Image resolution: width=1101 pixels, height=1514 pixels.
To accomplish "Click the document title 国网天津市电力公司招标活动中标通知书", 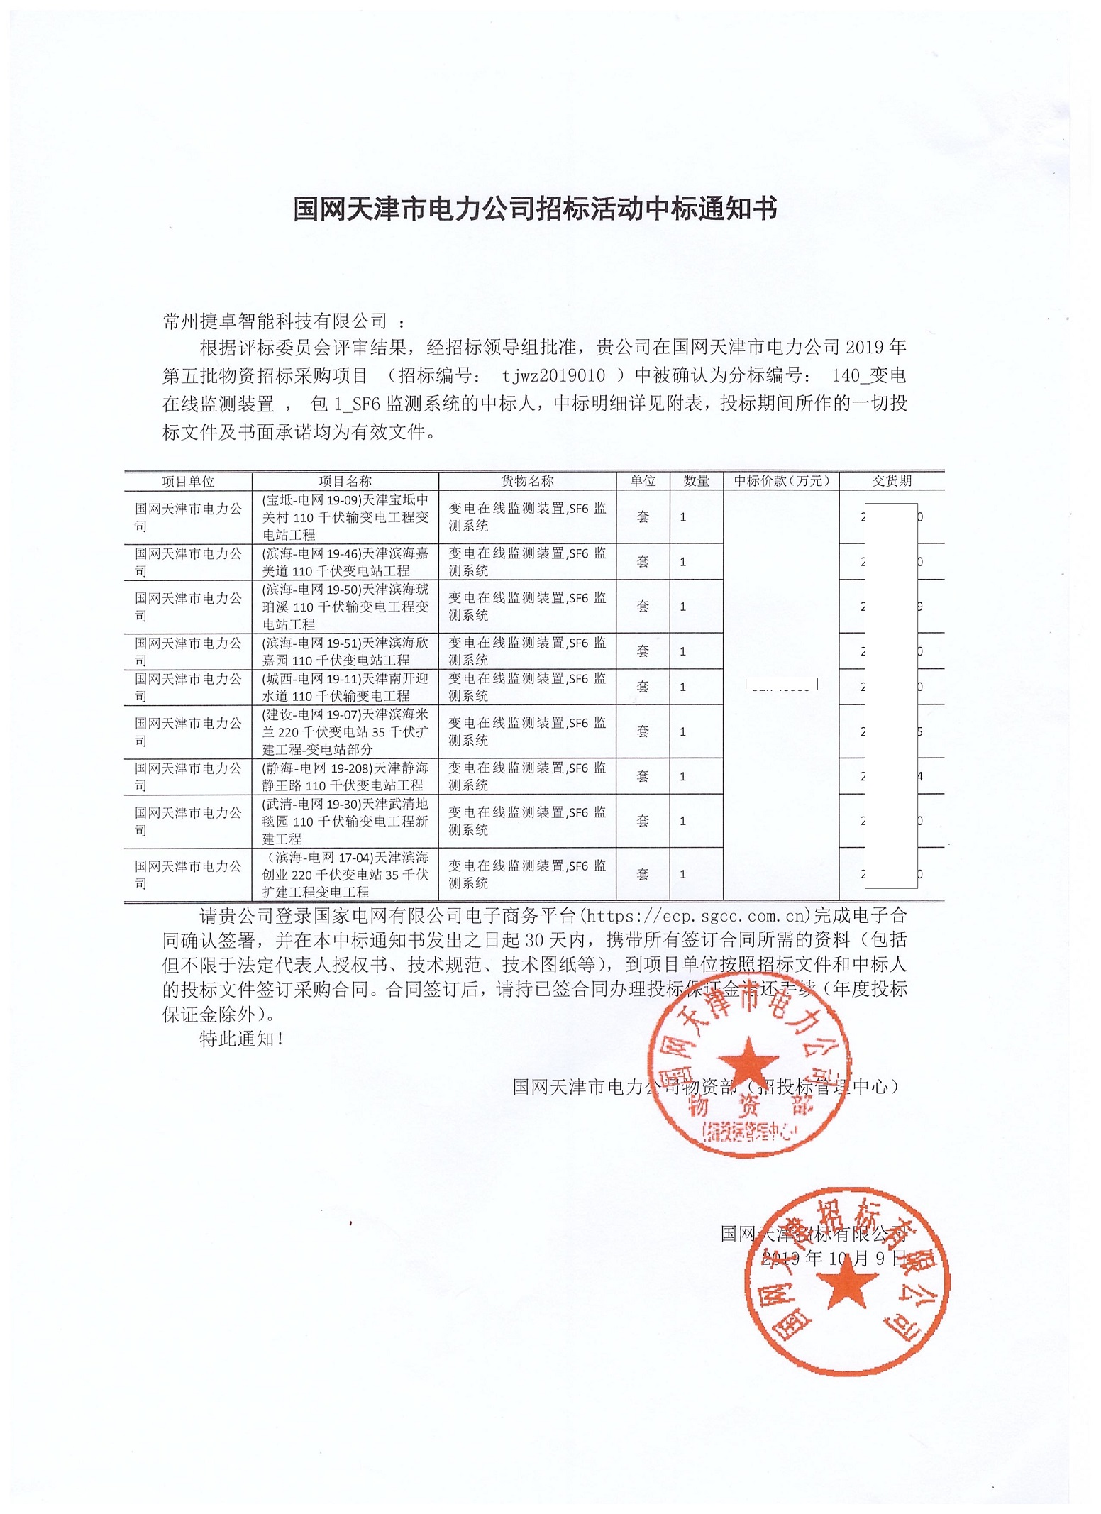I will (536, 209).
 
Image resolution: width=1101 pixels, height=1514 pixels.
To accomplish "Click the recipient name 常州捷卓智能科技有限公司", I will (275, 321).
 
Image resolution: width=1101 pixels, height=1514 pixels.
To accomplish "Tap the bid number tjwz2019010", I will (553, 376).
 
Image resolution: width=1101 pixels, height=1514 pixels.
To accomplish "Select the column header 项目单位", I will (188, 482).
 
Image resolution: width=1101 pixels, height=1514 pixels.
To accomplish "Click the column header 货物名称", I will (527, 481).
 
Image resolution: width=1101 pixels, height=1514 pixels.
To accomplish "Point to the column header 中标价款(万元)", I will (781, 481).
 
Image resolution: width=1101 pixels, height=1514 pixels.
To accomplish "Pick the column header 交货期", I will (892, 481).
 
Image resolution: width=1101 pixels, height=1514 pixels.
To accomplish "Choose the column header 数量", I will (697, 481).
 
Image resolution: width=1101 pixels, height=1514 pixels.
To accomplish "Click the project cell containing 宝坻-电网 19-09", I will (345, 517).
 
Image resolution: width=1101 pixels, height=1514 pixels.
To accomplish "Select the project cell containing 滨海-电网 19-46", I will (345, 562).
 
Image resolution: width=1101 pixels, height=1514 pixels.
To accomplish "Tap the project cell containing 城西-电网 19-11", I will (345, 687).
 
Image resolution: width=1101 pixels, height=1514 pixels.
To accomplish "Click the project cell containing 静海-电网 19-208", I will (345, 776).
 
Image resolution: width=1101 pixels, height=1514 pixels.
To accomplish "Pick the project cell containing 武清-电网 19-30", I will (345, 821).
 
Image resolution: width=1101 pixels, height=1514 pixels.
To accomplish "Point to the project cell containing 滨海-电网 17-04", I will (345, 874).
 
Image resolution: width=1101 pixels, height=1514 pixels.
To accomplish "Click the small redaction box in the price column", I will (781, 685).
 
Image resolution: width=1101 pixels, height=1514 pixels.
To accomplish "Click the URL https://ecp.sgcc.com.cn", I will (695, 915).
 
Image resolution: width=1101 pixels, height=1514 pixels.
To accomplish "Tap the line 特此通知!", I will (241, 1039).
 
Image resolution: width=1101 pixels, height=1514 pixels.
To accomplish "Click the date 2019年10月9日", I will (834, 1258).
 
